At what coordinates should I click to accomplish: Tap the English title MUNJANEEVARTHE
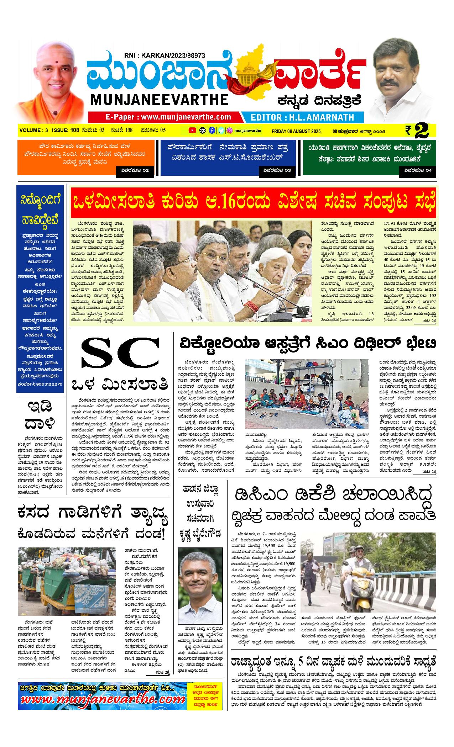pos(159,99)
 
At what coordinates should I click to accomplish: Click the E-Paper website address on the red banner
pos(168,117)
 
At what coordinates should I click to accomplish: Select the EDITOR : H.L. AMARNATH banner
pos(302,117)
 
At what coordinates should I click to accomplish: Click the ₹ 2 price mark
pos(420,130)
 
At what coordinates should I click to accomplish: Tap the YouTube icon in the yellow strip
pos(192,130)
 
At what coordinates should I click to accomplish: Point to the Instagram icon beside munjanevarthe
pos(230,130)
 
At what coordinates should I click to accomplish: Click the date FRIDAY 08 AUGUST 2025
pos(296,131)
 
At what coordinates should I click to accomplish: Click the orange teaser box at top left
pos(86,157)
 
